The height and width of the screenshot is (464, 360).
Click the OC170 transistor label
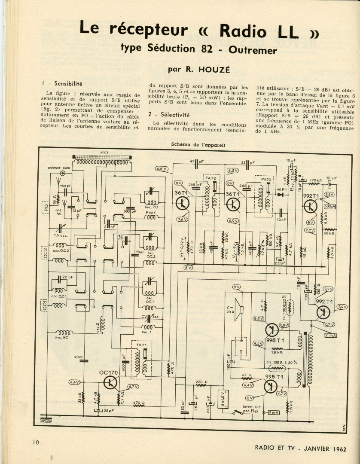point(107,372)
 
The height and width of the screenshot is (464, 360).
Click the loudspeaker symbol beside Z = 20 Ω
point(240,309)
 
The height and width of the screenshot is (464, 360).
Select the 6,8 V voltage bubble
point(162,169)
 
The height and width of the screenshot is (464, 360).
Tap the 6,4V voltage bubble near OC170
point(74,382)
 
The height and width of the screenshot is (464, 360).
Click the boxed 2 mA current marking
point(331,335)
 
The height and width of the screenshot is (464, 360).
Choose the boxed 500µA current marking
point(330,206)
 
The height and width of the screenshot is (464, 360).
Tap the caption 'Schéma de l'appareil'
point(198,144)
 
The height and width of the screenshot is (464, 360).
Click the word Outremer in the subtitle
point(253,49)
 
